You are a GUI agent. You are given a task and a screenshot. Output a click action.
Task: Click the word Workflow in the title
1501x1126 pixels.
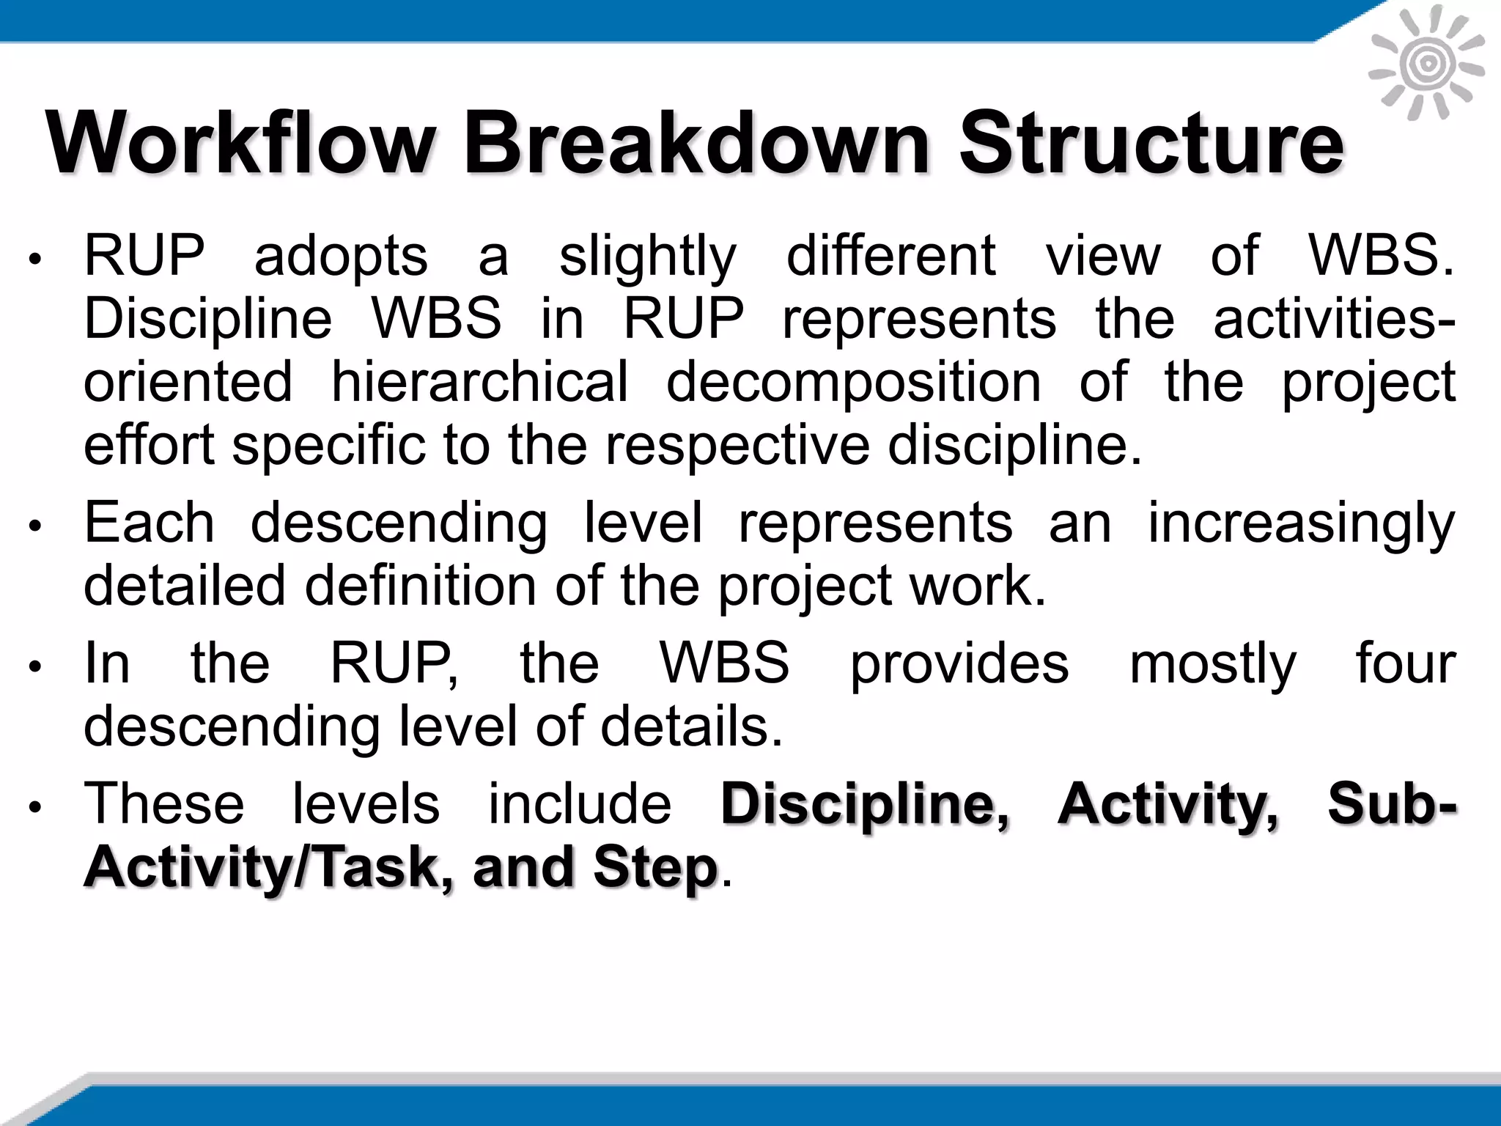tap(241, 142)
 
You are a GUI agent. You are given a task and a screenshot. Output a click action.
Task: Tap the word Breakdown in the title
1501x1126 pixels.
tap(696, 142)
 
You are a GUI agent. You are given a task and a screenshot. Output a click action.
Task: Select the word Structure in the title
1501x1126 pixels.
tap(1151, 142)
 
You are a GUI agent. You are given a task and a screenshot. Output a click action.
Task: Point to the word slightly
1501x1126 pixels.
tap(647, 257)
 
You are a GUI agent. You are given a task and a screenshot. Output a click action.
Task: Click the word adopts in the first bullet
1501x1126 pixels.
tap(341, 257)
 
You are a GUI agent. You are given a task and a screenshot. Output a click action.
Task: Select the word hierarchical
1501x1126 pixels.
tap(480, 382)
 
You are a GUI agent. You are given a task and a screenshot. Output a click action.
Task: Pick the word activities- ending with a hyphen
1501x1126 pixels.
tap(1334, 320)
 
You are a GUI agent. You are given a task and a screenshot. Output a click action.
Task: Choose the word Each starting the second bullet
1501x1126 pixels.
tap(150, 523)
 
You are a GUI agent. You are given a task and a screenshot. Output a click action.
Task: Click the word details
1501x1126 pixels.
tap(692, 726)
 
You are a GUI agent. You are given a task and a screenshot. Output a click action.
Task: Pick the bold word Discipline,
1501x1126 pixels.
tap(865, 805)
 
